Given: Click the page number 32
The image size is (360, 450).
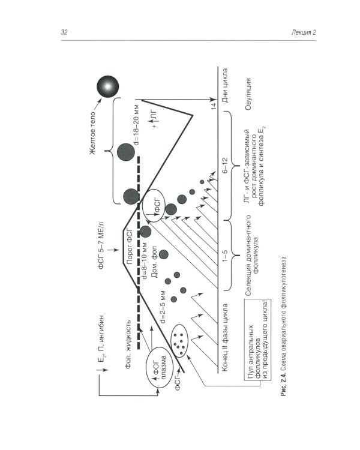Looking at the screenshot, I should tap(64, 32).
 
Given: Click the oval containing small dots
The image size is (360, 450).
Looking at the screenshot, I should tap(179, 340).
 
